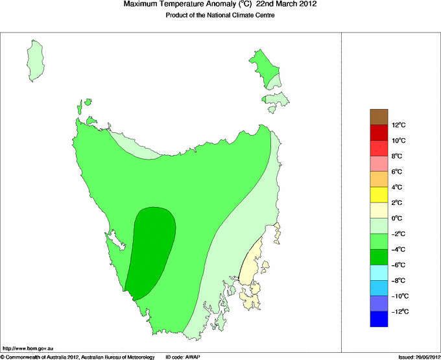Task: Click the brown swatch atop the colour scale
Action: click(x=379, y=117)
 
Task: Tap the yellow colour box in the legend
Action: click(x=379, y=195)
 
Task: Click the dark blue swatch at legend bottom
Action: click(x=379, y=319)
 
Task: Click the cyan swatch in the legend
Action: click(x=379, y=272)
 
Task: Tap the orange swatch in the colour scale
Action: click(x=379, y=179)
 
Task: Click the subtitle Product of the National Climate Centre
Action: click(x=220, y=16)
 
